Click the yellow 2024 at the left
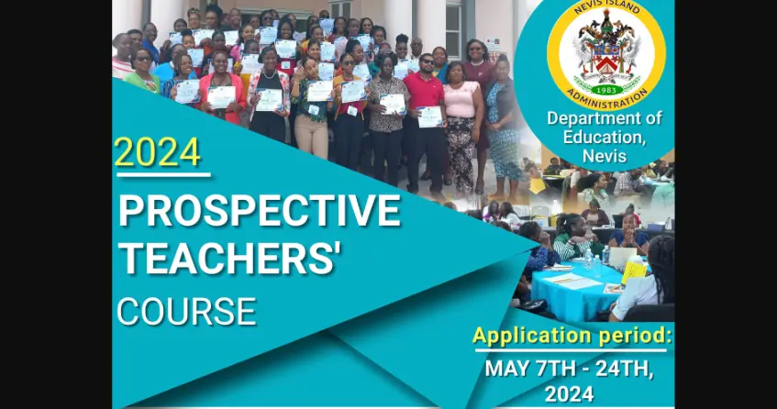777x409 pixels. point(158,152)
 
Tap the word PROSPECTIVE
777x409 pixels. point(260,210)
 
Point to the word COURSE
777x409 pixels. point(186,312)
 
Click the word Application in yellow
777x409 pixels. point(533,337)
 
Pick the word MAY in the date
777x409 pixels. point(506,369)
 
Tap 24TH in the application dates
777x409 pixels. point(621,369)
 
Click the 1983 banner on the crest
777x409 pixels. point(606,90)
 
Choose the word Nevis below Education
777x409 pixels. point(605,156)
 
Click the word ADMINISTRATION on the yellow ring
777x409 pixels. point(606,99)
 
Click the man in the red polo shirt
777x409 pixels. point(424,119)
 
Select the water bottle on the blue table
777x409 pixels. point(588,259)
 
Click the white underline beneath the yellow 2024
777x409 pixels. point(163,175)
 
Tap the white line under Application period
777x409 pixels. point(571,350)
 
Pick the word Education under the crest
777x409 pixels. point(605,138)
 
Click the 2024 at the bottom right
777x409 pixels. point(570,394)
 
